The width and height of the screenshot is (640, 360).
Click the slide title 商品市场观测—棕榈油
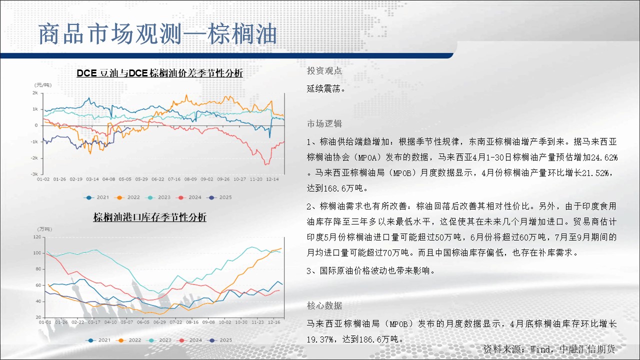(x=157, y=34)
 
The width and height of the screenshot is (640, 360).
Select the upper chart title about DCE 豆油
(x=159, y=73)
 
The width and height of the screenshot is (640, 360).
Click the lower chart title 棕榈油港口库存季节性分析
(x=149, y=217)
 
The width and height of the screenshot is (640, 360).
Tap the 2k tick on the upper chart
(x=35, y=93)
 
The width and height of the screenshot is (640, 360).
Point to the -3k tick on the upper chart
(x=34, y=174)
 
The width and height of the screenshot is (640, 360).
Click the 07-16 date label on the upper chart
(x=174, y=179)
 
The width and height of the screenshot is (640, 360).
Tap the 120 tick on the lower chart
(x=37, y=237)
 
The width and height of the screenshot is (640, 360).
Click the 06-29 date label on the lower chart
(x=159, y=322)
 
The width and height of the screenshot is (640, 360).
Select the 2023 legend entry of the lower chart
(x=158, y=340)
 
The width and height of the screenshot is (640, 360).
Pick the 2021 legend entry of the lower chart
(x=97, y=340)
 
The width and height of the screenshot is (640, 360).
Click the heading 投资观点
(x=324, y=71)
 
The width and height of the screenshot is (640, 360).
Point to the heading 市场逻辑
(x=324, y=123)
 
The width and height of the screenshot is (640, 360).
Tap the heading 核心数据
(x=324, y=305)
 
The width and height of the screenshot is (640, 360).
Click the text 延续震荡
(x=323, y=89)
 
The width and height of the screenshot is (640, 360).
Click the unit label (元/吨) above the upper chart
(x=43, y=85)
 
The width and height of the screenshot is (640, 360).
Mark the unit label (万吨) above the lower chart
(x=44, y=229)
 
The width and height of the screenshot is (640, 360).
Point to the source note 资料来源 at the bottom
(x=549, y=349)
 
